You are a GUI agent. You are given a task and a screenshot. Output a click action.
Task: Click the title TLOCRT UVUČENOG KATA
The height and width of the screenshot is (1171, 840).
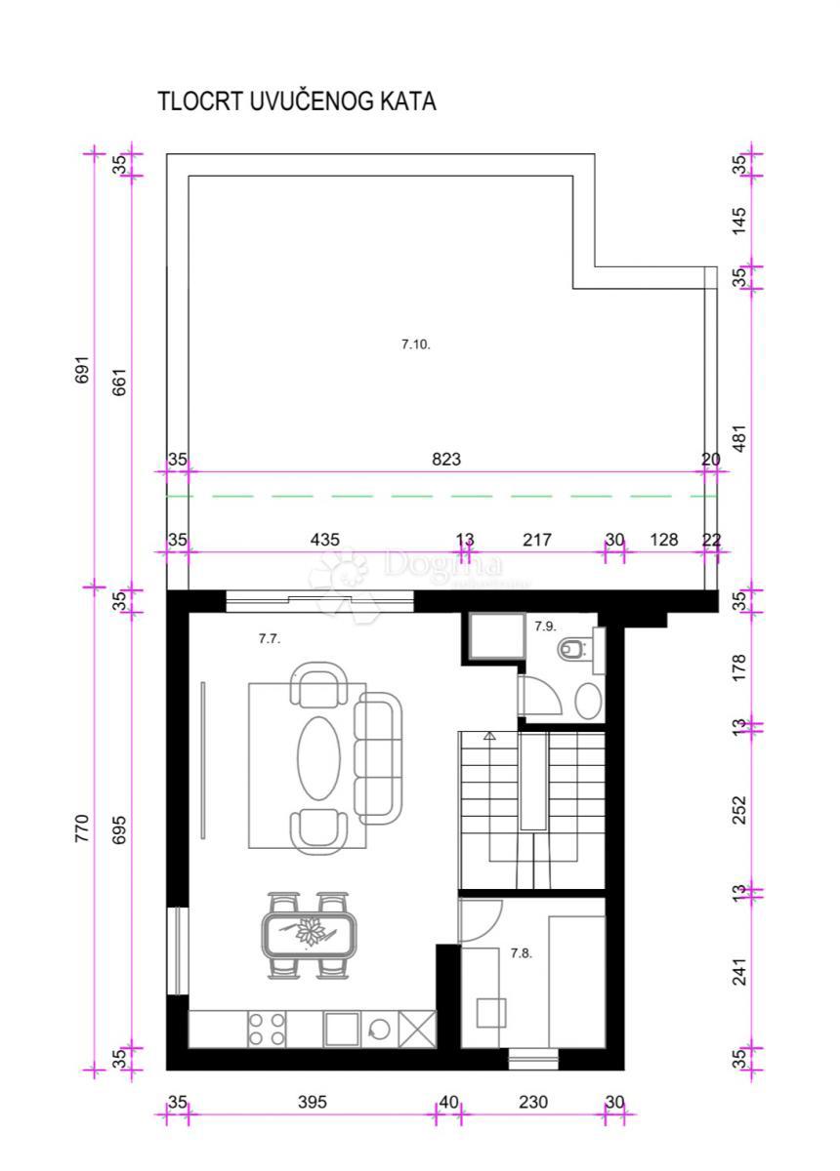297,101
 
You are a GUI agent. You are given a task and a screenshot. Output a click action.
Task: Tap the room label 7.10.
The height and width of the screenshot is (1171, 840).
416,343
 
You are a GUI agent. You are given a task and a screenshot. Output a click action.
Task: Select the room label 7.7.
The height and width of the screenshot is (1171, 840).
270,639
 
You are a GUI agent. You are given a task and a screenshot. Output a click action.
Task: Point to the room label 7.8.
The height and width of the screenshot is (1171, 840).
521,953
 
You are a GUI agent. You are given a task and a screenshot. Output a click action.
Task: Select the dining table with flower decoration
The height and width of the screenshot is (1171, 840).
310,934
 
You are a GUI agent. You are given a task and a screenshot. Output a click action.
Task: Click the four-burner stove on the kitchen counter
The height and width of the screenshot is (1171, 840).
268,1029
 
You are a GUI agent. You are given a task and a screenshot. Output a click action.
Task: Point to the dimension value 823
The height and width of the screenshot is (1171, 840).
446,459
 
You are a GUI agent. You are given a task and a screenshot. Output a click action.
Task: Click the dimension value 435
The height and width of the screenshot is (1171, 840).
325,539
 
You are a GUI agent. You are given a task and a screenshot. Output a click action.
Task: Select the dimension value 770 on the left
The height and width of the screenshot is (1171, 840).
83,828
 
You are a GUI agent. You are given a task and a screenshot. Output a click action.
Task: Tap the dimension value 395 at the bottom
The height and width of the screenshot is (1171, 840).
312,1102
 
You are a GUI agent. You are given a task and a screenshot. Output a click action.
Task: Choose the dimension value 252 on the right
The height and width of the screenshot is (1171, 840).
739,809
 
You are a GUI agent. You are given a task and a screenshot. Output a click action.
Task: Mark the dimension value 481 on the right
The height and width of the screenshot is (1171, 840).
739,438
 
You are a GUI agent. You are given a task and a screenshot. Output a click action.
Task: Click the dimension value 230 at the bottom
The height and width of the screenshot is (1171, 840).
533,1102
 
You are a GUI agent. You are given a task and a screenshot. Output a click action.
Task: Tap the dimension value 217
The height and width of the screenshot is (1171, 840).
537,539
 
